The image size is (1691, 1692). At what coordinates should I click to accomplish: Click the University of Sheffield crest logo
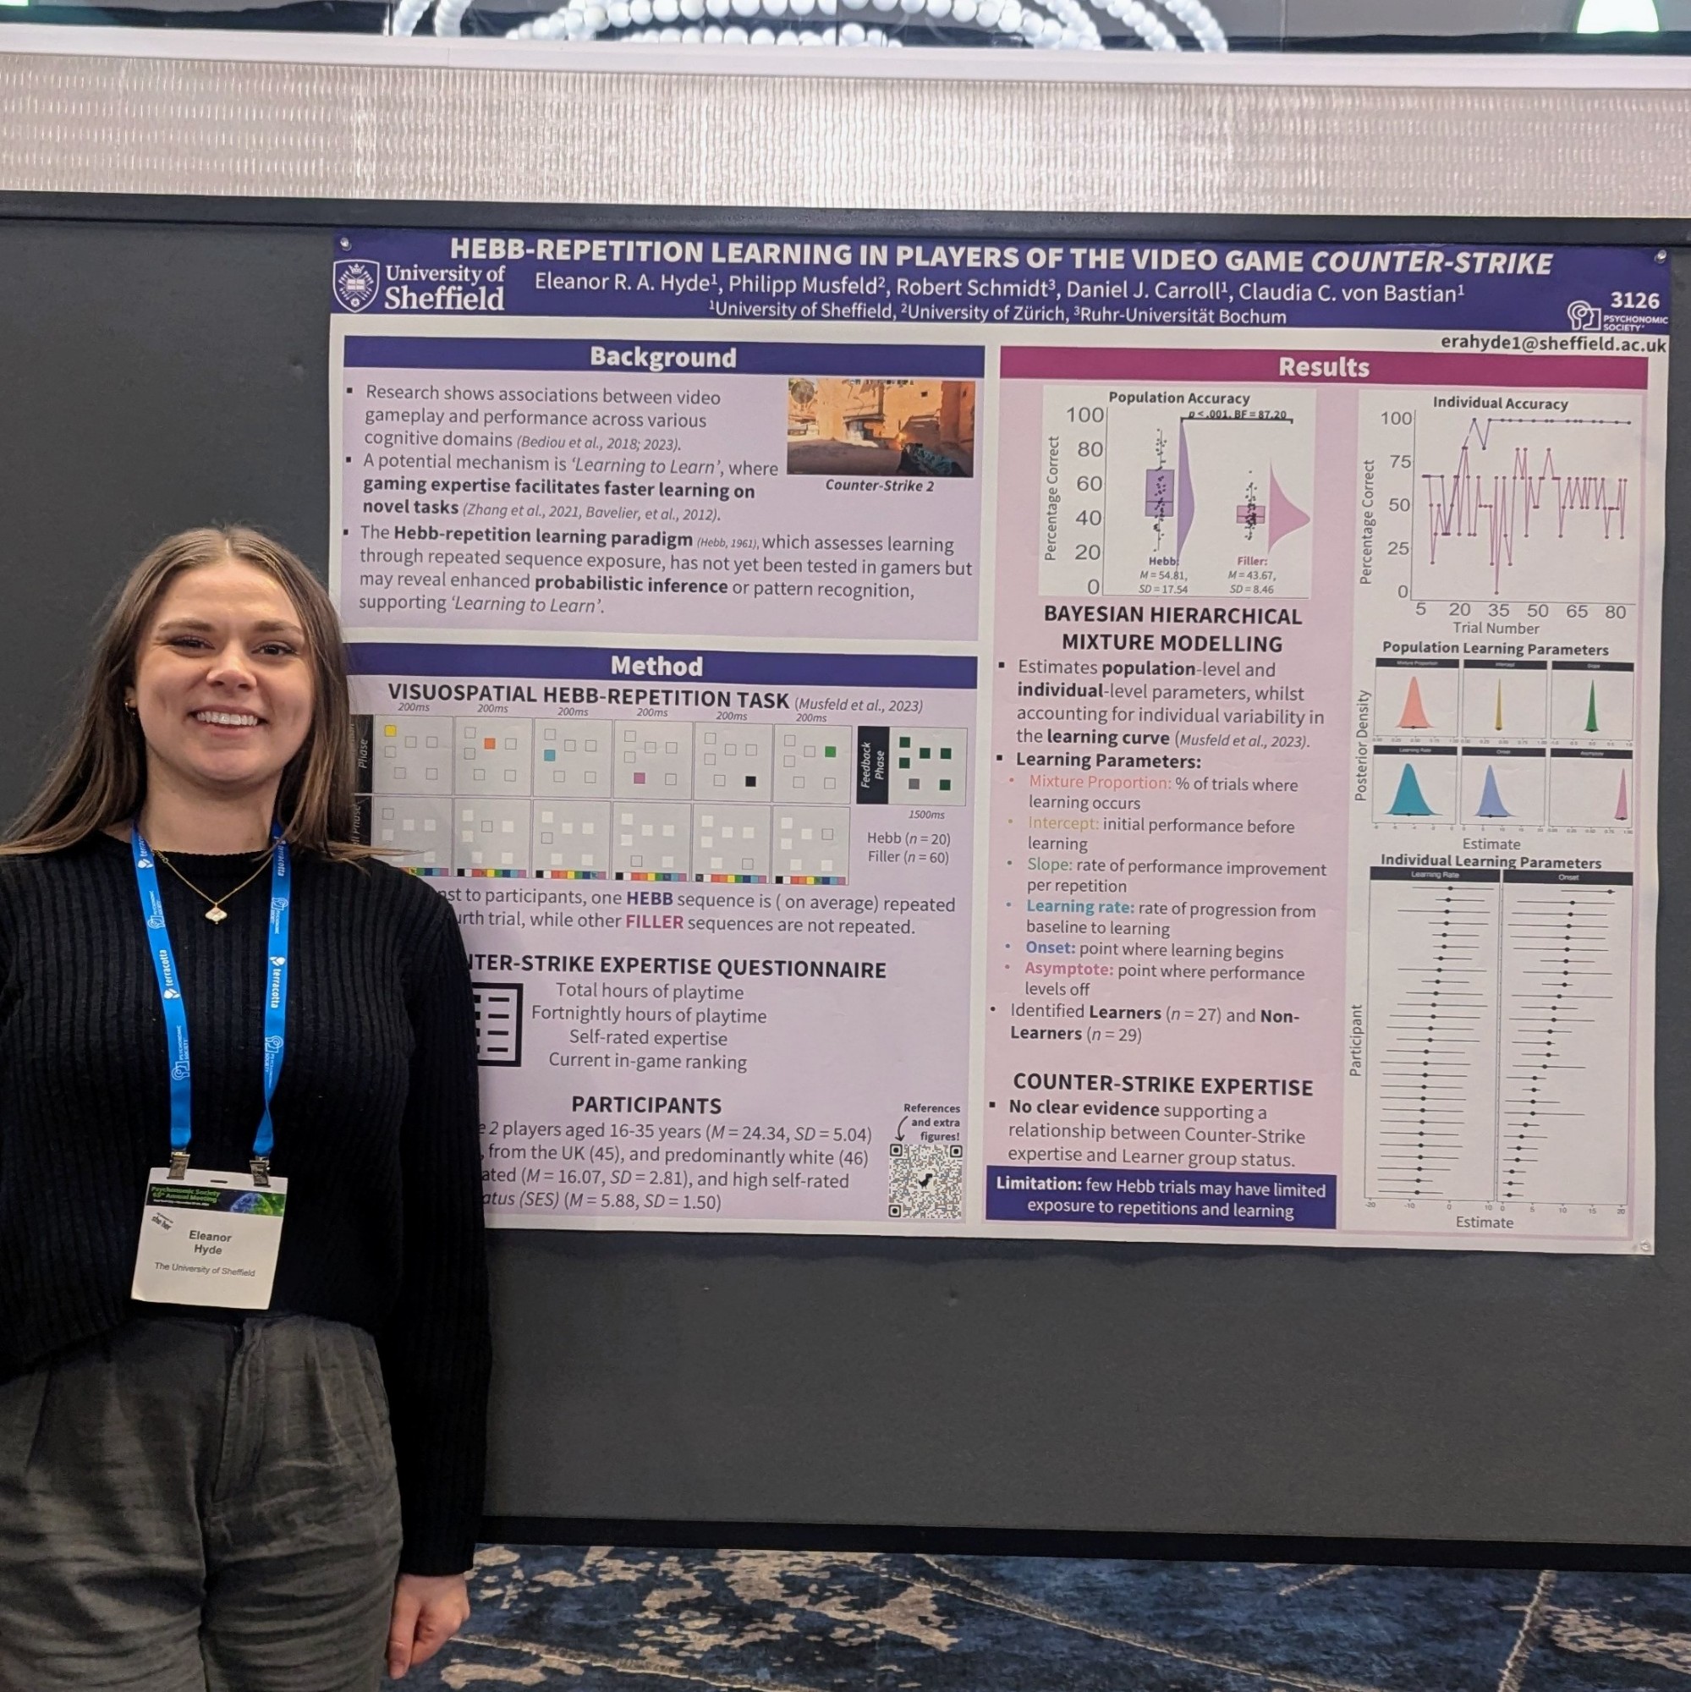pos(355,285)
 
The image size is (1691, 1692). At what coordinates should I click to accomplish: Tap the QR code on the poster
pos(925,1180)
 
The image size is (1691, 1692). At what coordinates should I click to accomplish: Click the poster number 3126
pos(1633,300)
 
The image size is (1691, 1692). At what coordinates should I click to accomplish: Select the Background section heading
pos(662,357)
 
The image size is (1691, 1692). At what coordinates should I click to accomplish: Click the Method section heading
pos(656,667)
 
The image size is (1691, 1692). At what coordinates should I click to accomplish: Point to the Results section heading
pos(1322,367)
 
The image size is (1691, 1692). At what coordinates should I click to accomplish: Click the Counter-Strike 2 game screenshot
pos(880,427)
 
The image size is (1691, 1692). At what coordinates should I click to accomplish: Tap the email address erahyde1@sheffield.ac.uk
pos(1552,344)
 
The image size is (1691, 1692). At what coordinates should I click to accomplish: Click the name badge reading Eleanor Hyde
pos(208,1238)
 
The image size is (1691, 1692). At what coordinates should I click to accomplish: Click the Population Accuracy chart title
pos(1178,398)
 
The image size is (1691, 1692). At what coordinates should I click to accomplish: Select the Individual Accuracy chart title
pos(1499,403)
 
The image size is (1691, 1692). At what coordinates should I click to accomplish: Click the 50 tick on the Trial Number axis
pos(1537,611)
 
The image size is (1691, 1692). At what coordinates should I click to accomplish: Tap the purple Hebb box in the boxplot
pos(1160,492)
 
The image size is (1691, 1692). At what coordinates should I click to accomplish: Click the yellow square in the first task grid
pos(391,730)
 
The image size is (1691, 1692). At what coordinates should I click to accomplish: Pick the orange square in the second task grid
pos(490,744)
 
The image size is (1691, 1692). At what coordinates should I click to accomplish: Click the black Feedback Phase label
pos(872,765)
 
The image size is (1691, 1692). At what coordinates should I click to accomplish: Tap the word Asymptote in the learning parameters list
pos(1068,970)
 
